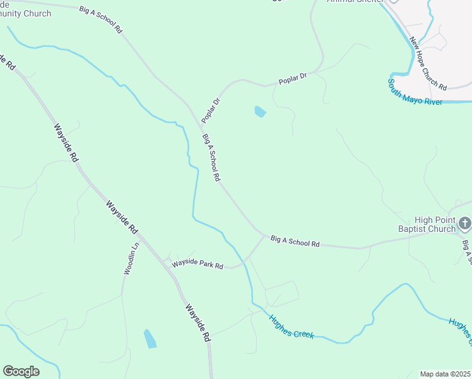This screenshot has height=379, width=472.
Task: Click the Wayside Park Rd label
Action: (x=198, y=263)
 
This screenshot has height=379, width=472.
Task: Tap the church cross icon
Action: (x=465, y=222)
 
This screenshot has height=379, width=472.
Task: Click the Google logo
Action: (x=21, y=371)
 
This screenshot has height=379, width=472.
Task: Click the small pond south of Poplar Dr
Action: (x=260, y=112)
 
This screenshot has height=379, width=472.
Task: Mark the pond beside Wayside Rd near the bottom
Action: (x=150, y=339)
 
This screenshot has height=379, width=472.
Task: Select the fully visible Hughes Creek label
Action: (x=292, y=326)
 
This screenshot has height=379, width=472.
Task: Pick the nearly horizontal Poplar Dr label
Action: (x=293, y=80)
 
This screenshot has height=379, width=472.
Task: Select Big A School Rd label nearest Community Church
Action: (x=100, y=20)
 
